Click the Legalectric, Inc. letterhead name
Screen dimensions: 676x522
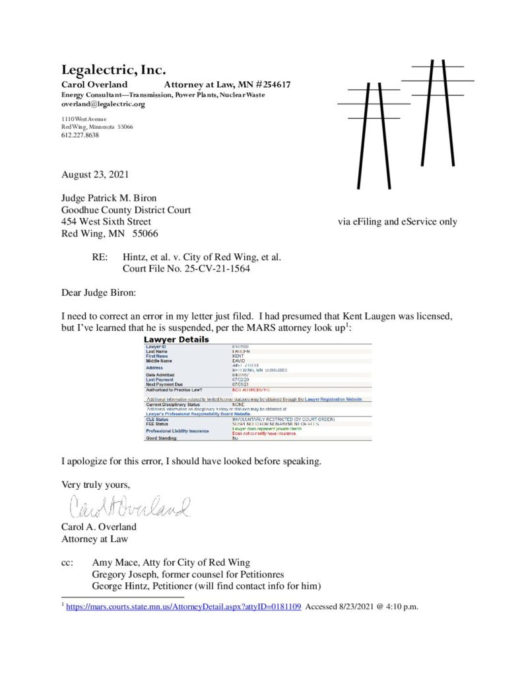tap(114, 70)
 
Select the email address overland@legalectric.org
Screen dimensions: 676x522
tap(103, 104)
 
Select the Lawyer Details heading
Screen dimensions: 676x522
tap(176, 339)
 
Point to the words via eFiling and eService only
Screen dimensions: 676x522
tap(397, 222)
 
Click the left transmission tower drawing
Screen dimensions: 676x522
tap(374, 135)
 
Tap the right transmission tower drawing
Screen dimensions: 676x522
tap(438, 122)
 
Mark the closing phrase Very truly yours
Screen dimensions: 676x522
tap(96, 484)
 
